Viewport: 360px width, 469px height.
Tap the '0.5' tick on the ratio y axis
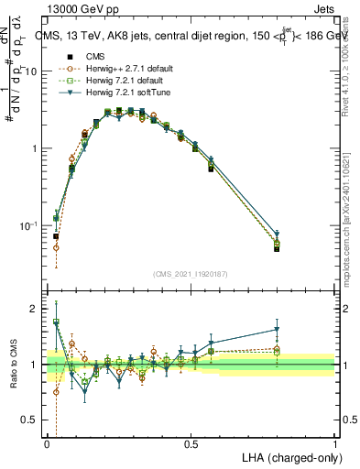30,420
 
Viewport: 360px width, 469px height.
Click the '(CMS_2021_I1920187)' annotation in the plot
191,274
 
